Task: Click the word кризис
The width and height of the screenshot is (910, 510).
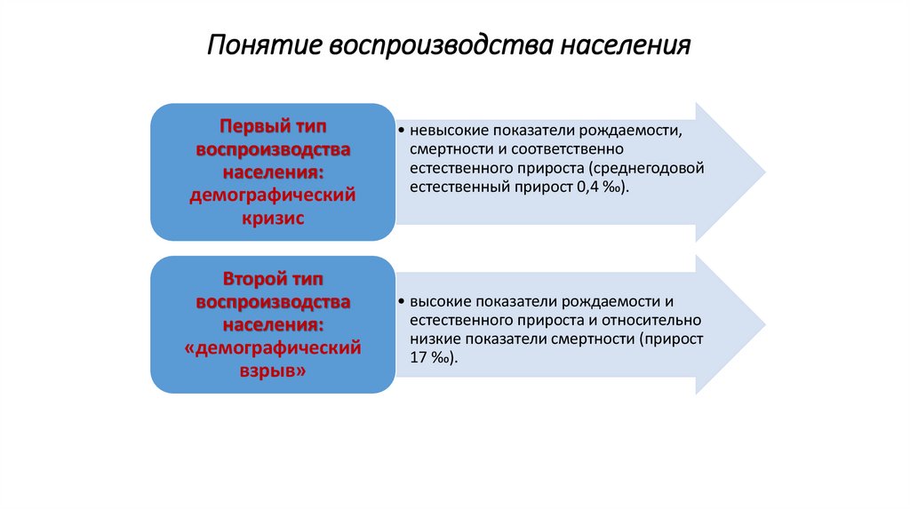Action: (273, 218)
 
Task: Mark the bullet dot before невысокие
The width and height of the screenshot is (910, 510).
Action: (402, 131)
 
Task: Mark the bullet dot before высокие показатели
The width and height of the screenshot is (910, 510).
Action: (402, 302)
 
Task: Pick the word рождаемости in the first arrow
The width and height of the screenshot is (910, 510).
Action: (638, 131)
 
